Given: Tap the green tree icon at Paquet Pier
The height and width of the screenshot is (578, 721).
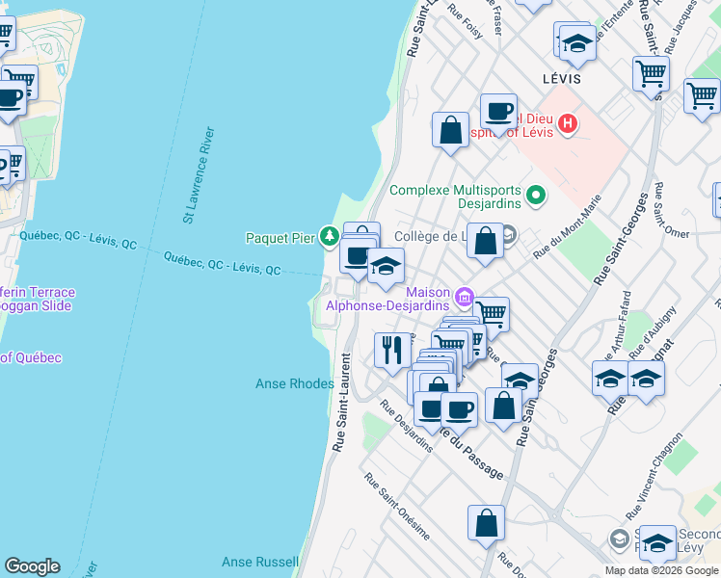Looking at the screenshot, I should [x=329, y=236].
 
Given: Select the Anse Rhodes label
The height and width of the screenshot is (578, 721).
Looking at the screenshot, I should [x=294, y=383].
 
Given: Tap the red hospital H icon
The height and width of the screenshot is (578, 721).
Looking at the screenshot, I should [x=568, y=123].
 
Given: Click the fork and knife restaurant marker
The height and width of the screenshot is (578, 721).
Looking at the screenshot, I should [x=391, y=350].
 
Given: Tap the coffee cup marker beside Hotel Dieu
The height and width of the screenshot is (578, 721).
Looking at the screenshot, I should [x=498, y=112].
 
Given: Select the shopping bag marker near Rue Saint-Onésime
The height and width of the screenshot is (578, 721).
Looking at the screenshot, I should [x=486, y=523].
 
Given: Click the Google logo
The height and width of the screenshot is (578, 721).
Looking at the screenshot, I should [x=32, y=566].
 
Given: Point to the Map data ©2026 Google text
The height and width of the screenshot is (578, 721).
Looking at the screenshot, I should [x=661, y=570].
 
